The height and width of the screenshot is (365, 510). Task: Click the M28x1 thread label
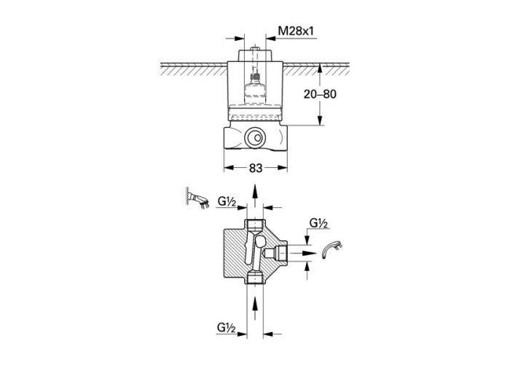coord(296,31)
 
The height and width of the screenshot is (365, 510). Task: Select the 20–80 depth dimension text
coord(320,94)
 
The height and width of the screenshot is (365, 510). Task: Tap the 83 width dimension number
coord(256,168)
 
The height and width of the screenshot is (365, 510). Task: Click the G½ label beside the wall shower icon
coord(227,201)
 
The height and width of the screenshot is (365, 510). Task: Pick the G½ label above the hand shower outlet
coord(319,223)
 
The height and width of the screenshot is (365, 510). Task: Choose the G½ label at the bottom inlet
coord(227,328)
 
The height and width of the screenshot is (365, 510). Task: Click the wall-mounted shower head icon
coord(197,198)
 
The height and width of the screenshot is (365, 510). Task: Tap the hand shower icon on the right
coord(332,250)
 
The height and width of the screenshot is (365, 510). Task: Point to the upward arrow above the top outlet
coord(255,196)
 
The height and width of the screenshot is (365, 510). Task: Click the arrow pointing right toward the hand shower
coord(304,253)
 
